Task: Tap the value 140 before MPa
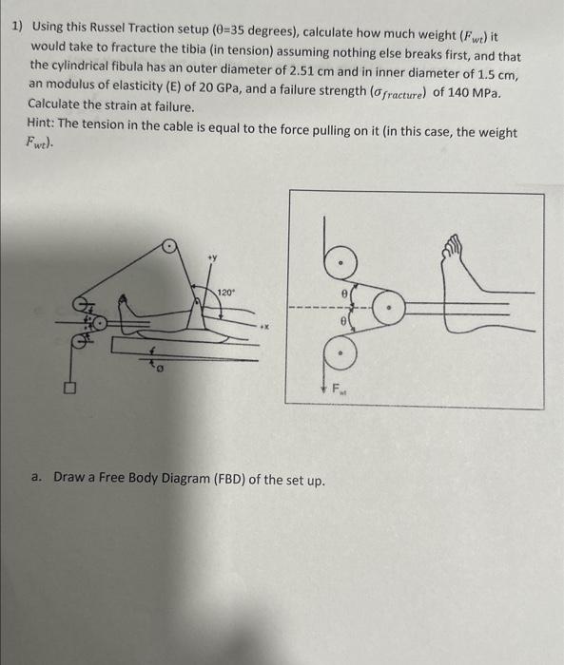[457, 91]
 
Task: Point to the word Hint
[41, 123]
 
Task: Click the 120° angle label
[225, 293]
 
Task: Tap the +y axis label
[212, 257]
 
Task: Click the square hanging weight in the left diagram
[70, 388]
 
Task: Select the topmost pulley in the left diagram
[169, 245]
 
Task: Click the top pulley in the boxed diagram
[340, 263]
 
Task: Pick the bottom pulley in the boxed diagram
[340, 352]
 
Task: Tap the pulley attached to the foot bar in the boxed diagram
[389, 308]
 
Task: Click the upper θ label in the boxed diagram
[345, 293]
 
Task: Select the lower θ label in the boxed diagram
[345, 322]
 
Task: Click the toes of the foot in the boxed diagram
[452, 245]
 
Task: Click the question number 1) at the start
[16, 27]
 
